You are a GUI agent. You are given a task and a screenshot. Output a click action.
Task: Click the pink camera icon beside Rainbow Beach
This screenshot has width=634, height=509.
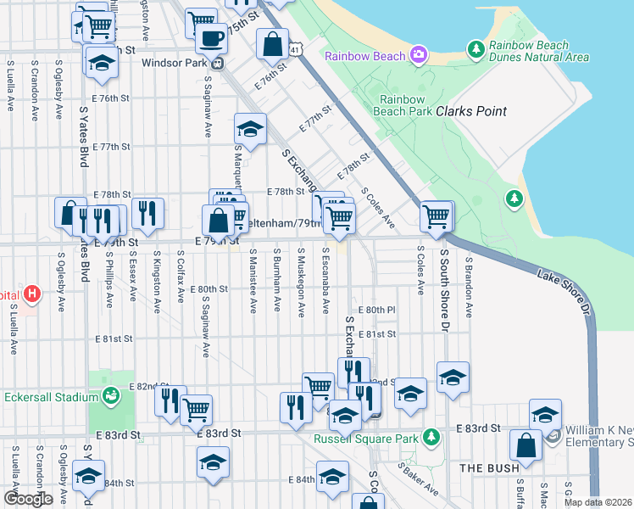tap(418, 56)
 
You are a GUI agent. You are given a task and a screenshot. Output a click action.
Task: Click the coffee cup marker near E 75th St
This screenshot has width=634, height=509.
tap(211, 38)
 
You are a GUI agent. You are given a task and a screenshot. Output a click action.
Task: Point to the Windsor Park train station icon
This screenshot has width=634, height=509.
tap(218, 62)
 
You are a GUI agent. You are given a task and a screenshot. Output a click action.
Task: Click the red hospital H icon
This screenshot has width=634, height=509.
tap(31, 294)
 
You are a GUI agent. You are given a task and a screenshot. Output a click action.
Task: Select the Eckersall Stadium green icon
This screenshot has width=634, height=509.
tap(110, 395)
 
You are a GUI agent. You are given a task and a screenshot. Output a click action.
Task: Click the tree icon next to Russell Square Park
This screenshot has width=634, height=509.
tap(431, 438)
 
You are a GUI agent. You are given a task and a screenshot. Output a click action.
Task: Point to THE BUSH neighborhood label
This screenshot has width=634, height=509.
tap(483, 467)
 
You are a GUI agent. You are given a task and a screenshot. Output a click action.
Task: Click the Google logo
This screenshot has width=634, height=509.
tap(28, 498)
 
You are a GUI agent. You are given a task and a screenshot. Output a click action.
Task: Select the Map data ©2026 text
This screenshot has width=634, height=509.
tap(598, 502)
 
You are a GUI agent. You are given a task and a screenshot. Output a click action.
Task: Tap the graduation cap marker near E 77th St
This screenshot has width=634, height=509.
tap(250, 129)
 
